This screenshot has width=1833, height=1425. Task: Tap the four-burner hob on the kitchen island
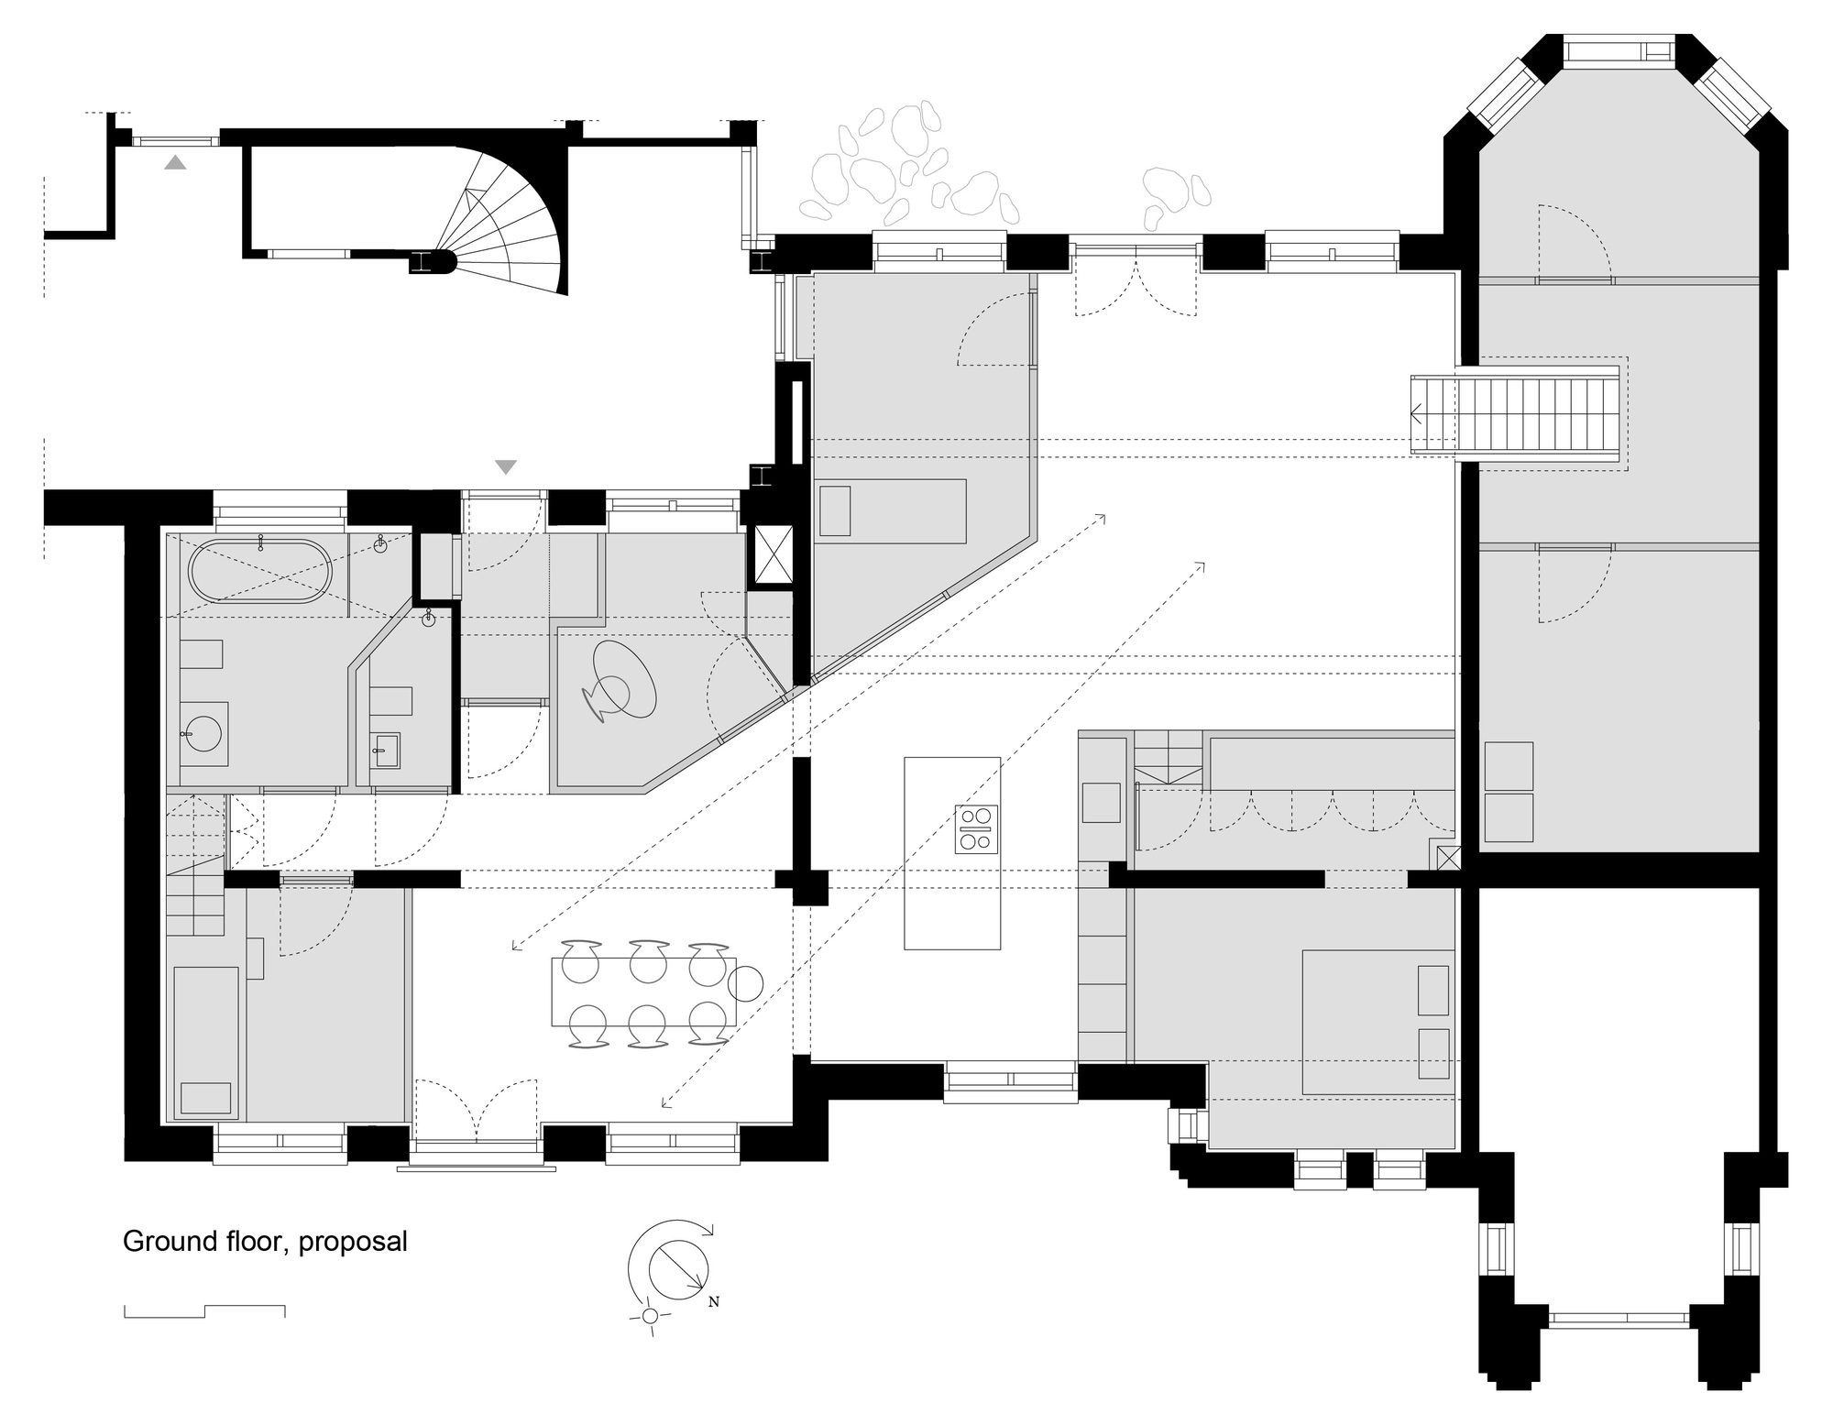tap(976, 828)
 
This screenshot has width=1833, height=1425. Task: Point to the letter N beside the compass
tap(714, 1302)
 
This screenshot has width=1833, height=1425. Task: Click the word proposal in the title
tap(353, 1242)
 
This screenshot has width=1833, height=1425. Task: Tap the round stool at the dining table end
tap(745, 984)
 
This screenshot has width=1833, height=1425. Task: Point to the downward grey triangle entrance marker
tap(506, 467)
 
